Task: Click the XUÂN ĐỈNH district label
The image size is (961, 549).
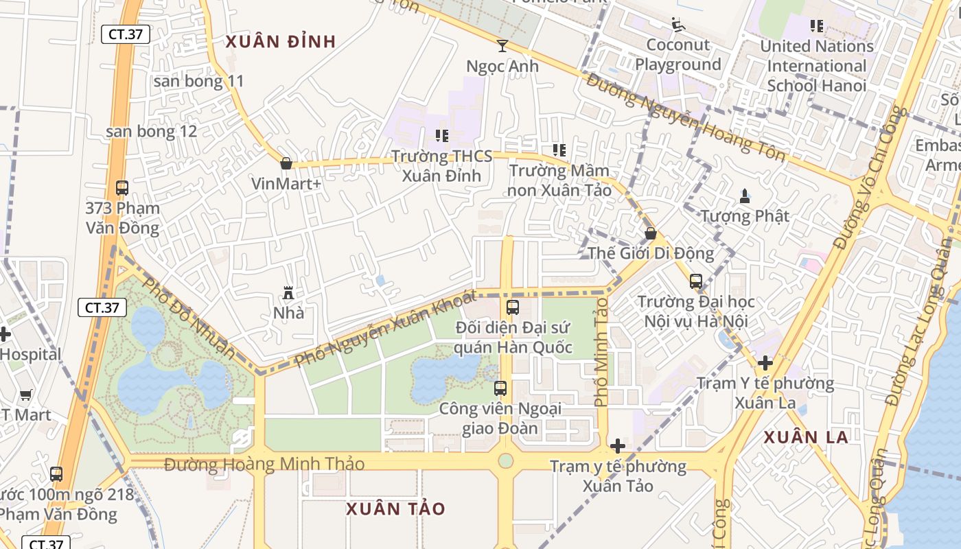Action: click(x=281, y=42)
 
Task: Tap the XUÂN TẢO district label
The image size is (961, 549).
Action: click(x=395, y=509)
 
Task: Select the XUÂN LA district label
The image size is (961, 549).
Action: click(x=806, y=437)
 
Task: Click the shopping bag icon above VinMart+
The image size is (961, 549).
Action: click(x=286, y=163)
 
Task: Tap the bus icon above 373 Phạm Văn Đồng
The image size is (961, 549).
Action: click(x=122, y=187)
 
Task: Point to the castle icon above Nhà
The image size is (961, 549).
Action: click(x=288, y=294)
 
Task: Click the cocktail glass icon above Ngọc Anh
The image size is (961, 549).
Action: click(x=502, y=46)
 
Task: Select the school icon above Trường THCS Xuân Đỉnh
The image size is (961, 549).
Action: click(x=442, y=136)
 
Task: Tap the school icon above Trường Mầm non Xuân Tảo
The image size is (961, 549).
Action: click(x=559, y=150)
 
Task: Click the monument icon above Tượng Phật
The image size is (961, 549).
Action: click(x=745, y=196)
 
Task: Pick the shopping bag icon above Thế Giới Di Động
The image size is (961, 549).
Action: click(x=650, y=233)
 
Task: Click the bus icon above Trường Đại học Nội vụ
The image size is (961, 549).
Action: click(x=696, y=281)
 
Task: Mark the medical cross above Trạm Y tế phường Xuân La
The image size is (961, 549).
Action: click(x=765, y=363)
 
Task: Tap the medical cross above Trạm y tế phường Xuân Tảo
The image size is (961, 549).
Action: click(x=618, y=446)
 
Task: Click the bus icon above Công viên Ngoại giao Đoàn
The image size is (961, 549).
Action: click(x=500, y=388)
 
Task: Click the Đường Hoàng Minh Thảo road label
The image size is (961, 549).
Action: click(x=264, y=465)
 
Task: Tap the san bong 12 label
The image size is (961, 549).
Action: click(x=151, y=131)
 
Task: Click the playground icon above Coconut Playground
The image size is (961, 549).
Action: click(x=678, y=25)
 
